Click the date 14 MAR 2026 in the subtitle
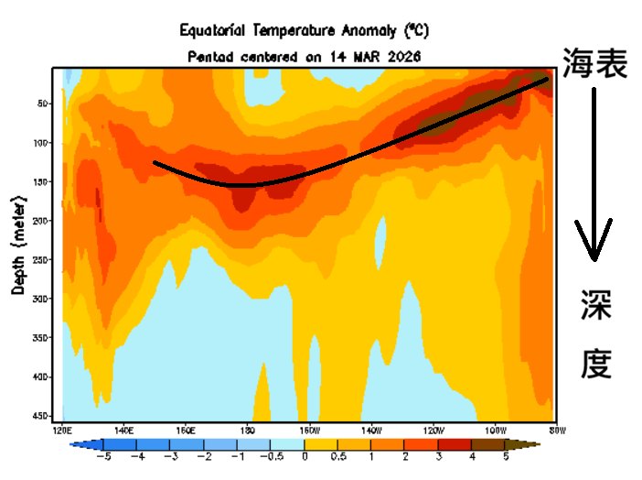[369, 56]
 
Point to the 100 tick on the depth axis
[42, 142]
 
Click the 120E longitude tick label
[63, 429]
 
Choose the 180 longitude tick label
[247, 429]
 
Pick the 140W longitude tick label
[370, 429]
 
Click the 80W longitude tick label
[555, 429]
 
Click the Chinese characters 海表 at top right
[595, 64]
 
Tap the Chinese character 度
[595, 364]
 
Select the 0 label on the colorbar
[305, 455]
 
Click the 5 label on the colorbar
[507, 455]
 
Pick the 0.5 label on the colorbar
[339, 455]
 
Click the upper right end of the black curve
[546, 80]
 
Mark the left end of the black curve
[155, 163]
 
